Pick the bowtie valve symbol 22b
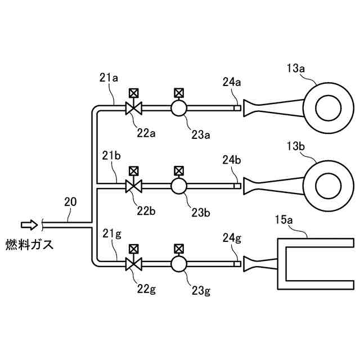(134, 186)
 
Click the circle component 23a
(179, 108)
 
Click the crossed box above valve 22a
(134, 92)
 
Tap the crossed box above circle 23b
(179, 170)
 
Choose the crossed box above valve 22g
(134, 247)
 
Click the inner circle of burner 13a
(328, 107)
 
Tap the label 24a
(232, 82)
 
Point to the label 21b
(111, 155)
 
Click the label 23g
(201, 291)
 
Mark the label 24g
(232, 238)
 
